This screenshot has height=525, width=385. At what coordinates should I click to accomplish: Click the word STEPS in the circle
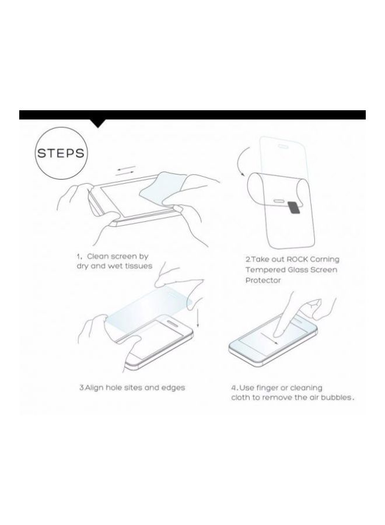tap(61, 155)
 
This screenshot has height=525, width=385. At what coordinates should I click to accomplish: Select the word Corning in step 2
tap(324, 258)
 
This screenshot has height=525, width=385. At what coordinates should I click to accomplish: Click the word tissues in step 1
tap(138, 266)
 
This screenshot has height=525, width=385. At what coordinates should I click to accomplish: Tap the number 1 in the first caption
tap(79, 256)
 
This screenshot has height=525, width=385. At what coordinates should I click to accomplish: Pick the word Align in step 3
tap(95, 387)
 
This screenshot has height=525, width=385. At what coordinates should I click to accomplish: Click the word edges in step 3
tap(172, 387)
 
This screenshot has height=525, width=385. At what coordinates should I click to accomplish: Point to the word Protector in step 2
tap(264, 281)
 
